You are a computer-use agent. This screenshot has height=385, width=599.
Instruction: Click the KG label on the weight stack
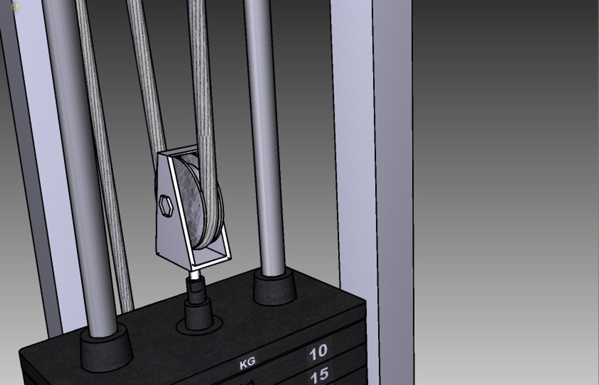(x=247, y=363)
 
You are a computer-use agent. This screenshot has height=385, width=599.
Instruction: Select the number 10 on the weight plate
(x=318, y=352)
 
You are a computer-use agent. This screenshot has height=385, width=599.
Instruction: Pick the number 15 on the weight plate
(x=319, y=375)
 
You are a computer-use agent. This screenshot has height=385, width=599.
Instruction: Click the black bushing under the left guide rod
(x=106, y=348)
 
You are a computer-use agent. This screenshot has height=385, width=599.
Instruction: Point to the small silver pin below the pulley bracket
(x=195, y=275)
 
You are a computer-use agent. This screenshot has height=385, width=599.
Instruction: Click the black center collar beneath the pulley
(x=198, y=314)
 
